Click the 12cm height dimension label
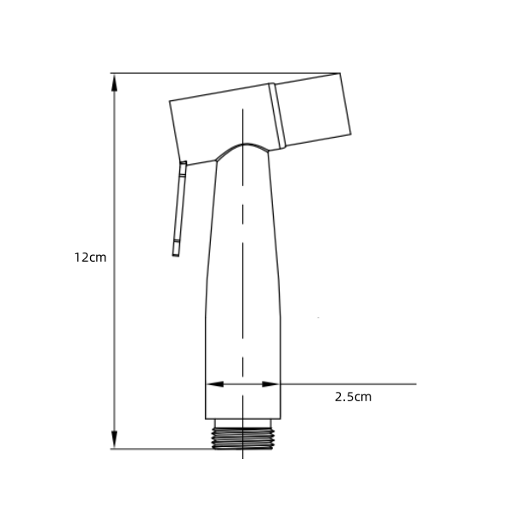point(90,258)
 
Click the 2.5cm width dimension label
point(353,397)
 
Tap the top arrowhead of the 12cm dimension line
point(114,82)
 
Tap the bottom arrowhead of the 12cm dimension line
point(114,439)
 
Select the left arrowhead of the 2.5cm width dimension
point(215,384)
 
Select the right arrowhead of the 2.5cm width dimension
point(270,384)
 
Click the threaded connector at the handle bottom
point(243,439)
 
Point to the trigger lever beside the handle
point(179,208)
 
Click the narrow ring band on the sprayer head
point(277,116)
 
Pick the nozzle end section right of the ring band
point(313,110)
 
